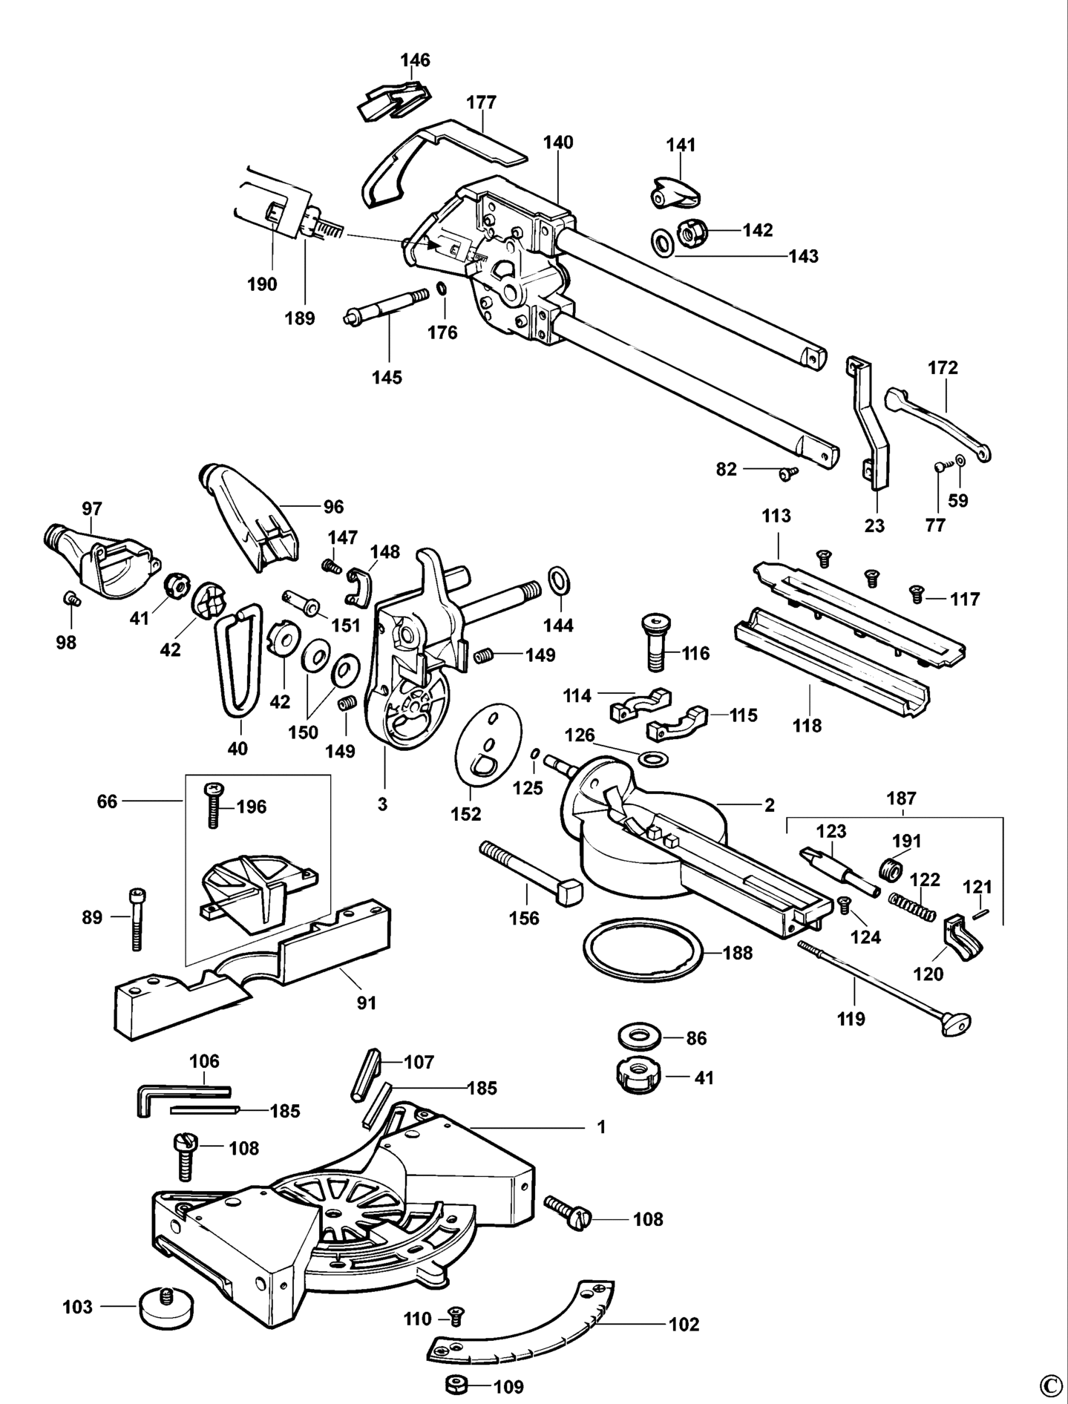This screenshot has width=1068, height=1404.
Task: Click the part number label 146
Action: (416, 60)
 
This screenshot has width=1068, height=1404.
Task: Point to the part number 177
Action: (481, 102)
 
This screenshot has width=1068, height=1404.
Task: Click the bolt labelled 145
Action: (387, 306)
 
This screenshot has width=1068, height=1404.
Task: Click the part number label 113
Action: (776, 516)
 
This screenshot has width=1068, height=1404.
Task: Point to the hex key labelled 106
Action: (171, 1095)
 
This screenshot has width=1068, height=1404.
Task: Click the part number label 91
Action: (367, 1003)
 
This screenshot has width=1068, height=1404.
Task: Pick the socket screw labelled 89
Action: (137, 919)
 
